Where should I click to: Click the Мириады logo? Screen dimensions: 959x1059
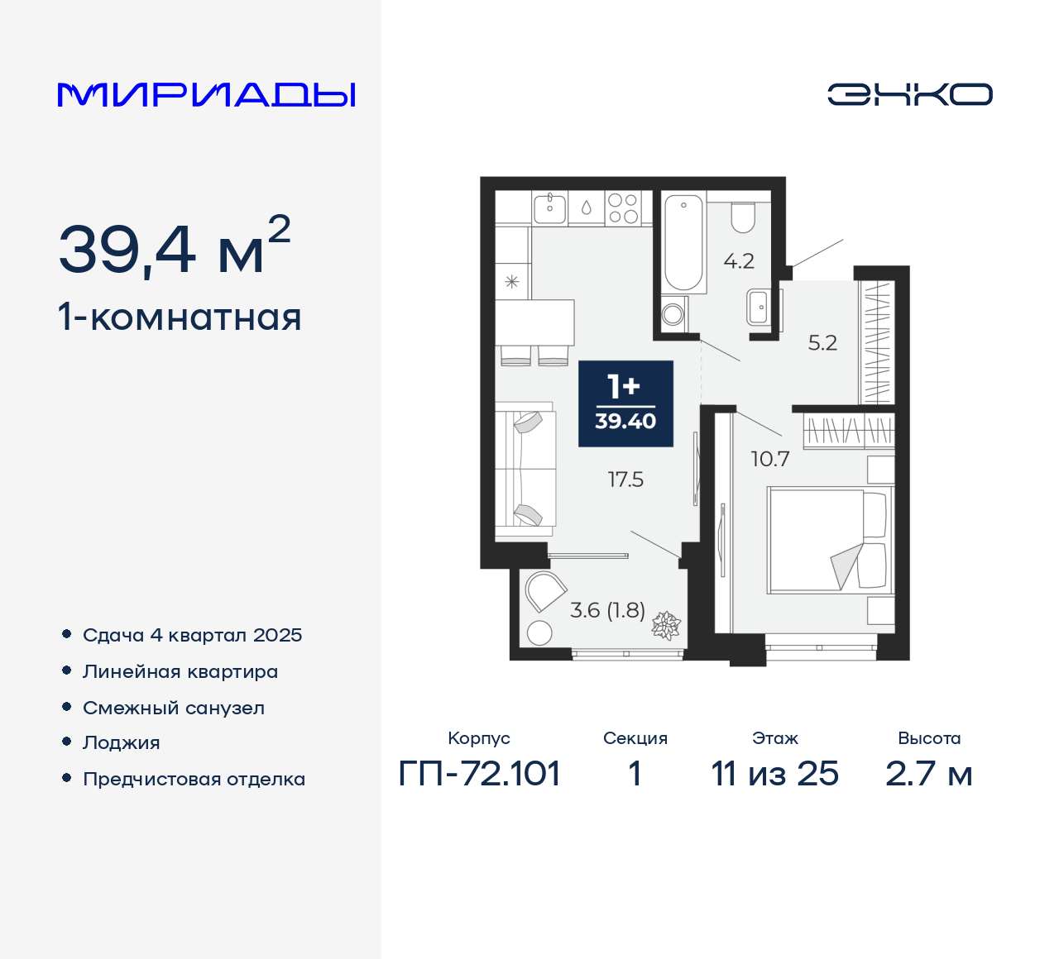pos(206,94)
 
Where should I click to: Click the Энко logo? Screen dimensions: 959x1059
pos(909,94)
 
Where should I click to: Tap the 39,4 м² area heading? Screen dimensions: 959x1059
pos(175,247)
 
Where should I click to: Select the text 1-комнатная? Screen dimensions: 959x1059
pos(180,317)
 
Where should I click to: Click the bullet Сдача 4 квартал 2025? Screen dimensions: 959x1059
pos(192,635)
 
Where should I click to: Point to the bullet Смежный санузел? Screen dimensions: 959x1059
pos(174,708)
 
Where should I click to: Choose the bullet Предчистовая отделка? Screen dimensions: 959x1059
pos(194,779)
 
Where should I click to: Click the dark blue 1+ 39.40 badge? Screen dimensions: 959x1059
pos(625,403)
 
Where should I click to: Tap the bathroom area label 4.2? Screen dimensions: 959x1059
pos(739,261)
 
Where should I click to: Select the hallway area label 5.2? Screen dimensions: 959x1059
pos(822,343)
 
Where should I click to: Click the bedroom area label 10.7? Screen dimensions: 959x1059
pos(769,459)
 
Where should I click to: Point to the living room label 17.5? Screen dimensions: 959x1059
pos(625,479)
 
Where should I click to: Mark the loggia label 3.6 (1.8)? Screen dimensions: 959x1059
pos(607,610)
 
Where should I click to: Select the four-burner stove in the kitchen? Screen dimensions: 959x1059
pos(622,208)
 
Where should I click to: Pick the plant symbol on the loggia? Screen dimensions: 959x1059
pos(665,626)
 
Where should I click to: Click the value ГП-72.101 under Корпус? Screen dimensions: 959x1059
pos(480,774)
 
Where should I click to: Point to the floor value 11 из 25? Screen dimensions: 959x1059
pos(775,774)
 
